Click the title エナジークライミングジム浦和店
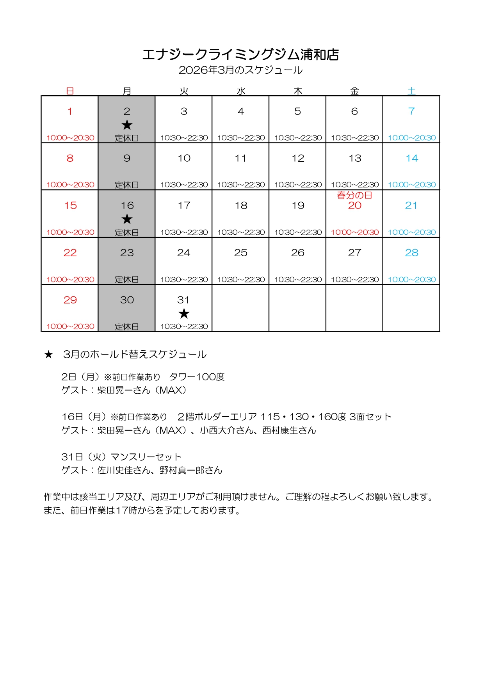pos(240,55)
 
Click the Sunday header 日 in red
pos(70,91)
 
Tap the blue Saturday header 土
pos(411,91)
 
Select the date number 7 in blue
pos(411,111)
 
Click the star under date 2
pos(127,125)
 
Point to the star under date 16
pos(127,219)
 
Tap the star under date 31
pos(184,314)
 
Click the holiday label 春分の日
pos(354,195)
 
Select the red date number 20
pos(354,205)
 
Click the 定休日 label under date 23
pos(127,280)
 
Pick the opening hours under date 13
pos(355,185)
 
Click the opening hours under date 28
pos(412,280)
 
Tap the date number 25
pos(241,253)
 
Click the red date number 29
pos(70,300)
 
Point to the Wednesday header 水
pos(241,91)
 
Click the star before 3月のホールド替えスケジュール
pos(48,355)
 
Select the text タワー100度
pos(197,377)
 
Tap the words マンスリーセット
pos(146,457)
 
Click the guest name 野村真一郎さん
pos(191,470)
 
